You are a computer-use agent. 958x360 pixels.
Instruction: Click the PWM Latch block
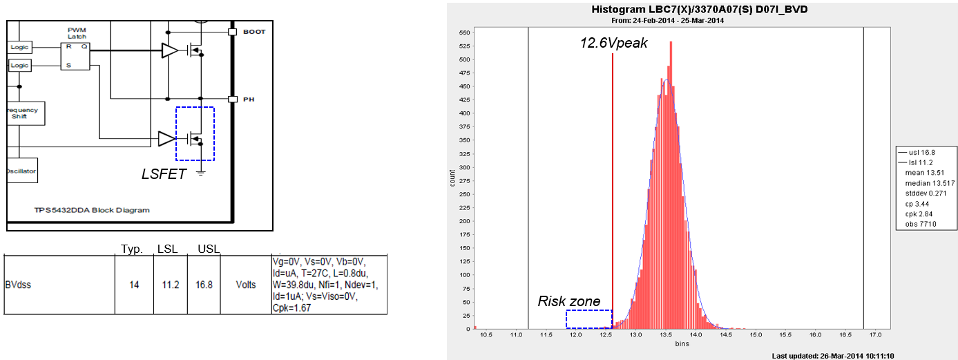pyautogui.click(x=76, y=57)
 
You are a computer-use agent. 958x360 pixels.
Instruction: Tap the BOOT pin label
pyautogui.click(x=254, y=32)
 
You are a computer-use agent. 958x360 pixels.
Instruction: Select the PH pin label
pyautogui.click(x=249, y=100)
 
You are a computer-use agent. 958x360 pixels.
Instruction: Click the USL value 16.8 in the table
pyautogui.click(x=208, y=285)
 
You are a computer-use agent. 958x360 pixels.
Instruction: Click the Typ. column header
pyautogui.click(x=131, y=249)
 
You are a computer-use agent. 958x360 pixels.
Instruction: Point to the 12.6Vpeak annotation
pyautogui.click(x=613, y=43)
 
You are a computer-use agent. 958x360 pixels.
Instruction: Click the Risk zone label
pyautogui.click(x=569, y=301)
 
